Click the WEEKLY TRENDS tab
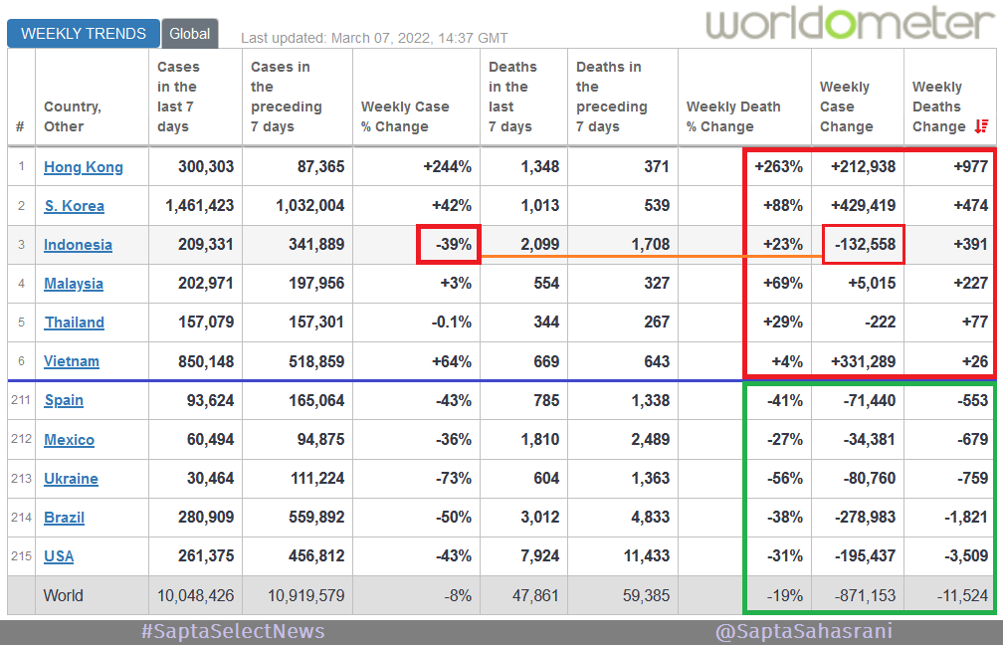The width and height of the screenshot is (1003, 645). point(84,33)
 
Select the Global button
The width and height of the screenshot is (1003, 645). point(189,33)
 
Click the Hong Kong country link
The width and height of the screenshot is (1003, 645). point(84,166)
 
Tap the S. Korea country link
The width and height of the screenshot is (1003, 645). point(74,206)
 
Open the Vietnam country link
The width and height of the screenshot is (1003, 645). point(72,361)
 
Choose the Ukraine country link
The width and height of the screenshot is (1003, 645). point(71,479)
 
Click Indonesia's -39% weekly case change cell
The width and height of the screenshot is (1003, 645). point(449,245)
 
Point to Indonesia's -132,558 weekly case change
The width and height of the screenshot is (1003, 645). point(863,245)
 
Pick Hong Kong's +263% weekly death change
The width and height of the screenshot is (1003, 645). point(779,166)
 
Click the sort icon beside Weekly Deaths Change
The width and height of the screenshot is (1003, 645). point(981,126)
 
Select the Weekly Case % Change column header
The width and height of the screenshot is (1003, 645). point(405,116)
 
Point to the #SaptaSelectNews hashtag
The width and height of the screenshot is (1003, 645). point(234,631)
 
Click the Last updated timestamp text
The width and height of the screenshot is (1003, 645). point(374,38)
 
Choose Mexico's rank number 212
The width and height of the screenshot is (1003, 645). point(21,440)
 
